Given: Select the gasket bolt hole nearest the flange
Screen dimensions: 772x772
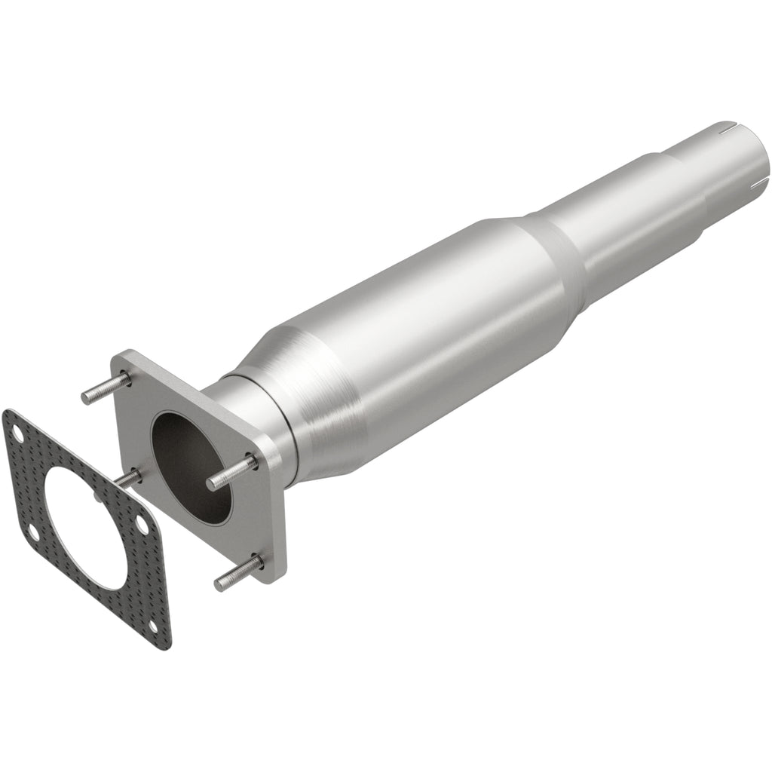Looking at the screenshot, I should [x=139, y=526].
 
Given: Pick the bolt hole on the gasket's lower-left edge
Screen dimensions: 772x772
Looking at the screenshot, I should [x=33, y=533].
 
